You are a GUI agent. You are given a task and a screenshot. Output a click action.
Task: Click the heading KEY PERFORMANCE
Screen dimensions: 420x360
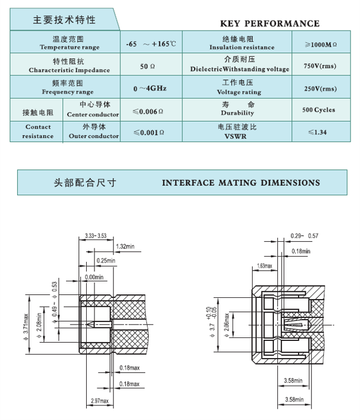coord(269,24)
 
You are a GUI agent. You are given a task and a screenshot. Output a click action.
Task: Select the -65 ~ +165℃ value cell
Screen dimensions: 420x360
coord(150,44)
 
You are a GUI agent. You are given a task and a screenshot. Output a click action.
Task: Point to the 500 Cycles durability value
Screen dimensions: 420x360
coord(318,110)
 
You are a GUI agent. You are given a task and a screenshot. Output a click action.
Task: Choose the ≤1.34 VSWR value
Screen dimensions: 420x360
coord(318,132)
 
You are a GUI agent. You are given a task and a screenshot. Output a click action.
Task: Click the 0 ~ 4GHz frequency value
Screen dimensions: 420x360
coord(149,88)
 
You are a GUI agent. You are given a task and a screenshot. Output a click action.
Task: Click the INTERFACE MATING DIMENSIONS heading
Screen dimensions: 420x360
coord(241,183)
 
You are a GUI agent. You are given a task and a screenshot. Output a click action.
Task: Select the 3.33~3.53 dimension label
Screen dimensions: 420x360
coord(96,235)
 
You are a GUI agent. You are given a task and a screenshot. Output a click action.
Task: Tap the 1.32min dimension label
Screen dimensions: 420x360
coord(125,246)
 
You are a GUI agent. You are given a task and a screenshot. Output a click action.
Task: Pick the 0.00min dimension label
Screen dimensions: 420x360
coord(94,277)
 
